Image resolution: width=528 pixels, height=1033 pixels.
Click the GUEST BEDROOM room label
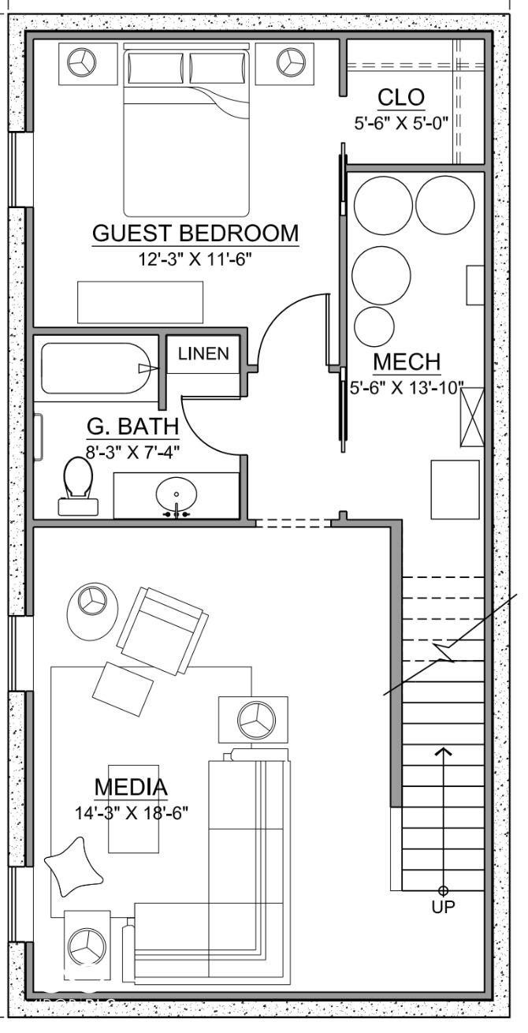pyautogui.click(x=195, y=233)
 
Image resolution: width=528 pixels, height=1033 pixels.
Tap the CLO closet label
pyautogui.click(x=401, y=98)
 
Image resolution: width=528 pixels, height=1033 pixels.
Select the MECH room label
pyautogui.click(x=406, y=363)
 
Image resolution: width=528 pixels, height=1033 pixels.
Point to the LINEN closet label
pyautogui.click(x=203, y=353)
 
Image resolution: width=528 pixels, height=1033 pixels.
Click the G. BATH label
pyautogui.click(x=132, y=427)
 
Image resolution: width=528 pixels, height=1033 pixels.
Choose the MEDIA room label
pyautogui.click(x=131, y=787)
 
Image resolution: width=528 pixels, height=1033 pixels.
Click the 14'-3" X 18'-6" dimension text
pyautogui.click(x=131, y=811)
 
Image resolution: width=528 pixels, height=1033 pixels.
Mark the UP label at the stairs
pyautogui.click(x=443, y=907)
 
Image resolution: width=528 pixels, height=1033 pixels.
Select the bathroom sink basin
pyautogui.click(x=176, y=497)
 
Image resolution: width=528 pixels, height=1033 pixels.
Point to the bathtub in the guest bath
pyautogui.click(x=96, y=368)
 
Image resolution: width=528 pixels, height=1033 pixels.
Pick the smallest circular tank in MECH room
pyautogui.click(x=374, y=325)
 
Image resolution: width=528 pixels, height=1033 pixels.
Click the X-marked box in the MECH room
pyautogui.click(x=471, y=418)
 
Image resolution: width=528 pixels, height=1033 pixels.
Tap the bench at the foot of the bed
pyautogui.click(x=139, y=301)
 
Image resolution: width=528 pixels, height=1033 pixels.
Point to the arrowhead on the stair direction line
pyautogui.click(x=444, y=751)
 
